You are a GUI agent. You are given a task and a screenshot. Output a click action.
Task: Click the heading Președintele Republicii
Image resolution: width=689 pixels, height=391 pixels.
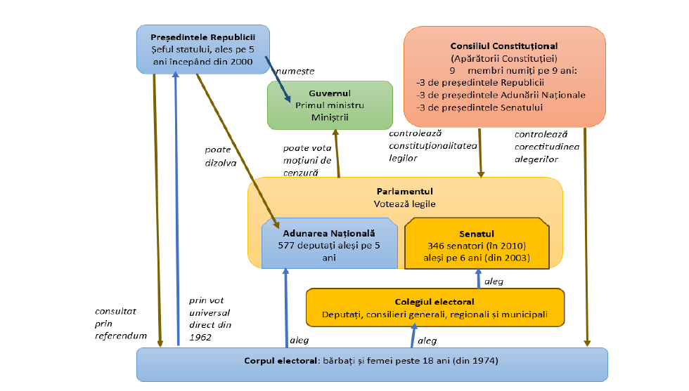[202, 37]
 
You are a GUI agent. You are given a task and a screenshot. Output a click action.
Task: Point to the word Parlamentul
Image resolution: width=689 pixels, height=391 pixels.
[404, 191]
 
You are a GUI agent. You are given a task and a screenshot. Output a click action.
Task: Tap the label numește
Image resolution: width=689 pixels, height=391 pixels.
[295, 72]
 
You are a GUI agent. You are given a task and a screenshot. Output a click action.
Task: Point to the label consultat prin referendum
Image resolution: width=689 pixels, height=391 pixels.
[120, 323]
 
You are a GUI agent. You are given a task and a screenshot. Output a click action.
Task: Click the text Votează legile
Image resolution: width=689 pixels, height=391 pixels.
[404, 204]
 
